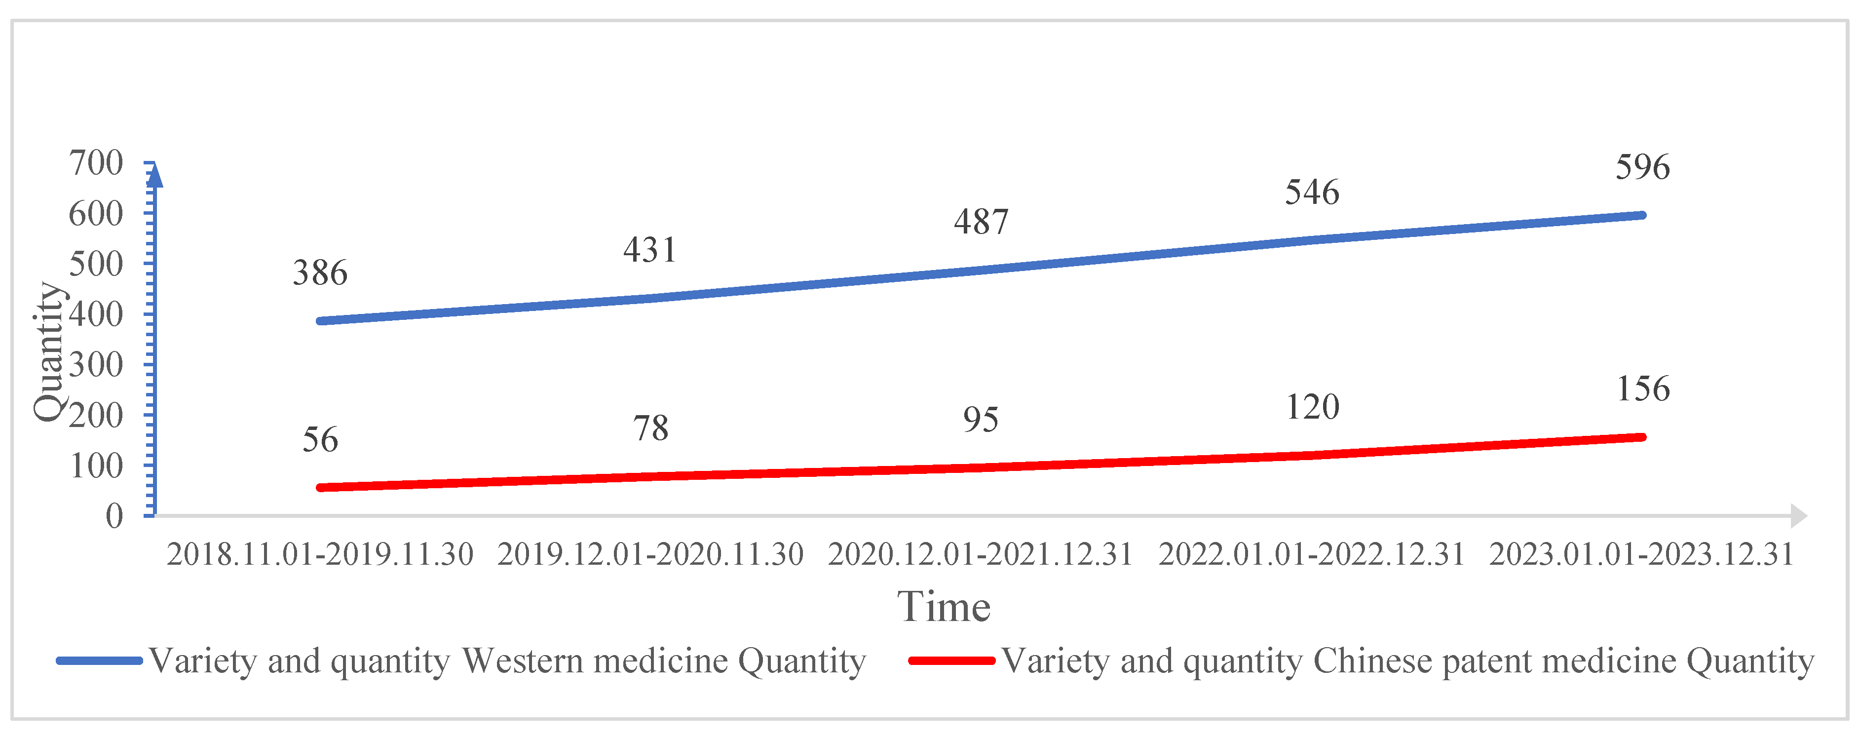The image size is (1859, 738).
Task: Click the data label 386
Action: click(x=320, y=273)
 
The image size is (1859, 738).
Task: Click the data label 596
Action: click(x=1642, y=167)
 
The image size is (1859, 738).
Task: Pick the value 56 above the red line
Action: click(x=320, y=440)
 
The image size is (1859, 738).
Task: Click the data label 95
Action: click(x=981, y=420)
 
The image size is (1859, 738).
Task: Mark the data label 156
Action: click(x=1642, y=389)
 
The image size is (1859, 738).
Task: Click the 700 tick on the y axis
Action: click(x=96, y=163)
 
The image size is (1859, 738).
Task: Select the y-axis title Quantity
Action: click(x=49, y=351)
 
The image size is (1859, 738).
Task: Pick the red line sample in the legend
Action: click(x=951, y=660)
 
